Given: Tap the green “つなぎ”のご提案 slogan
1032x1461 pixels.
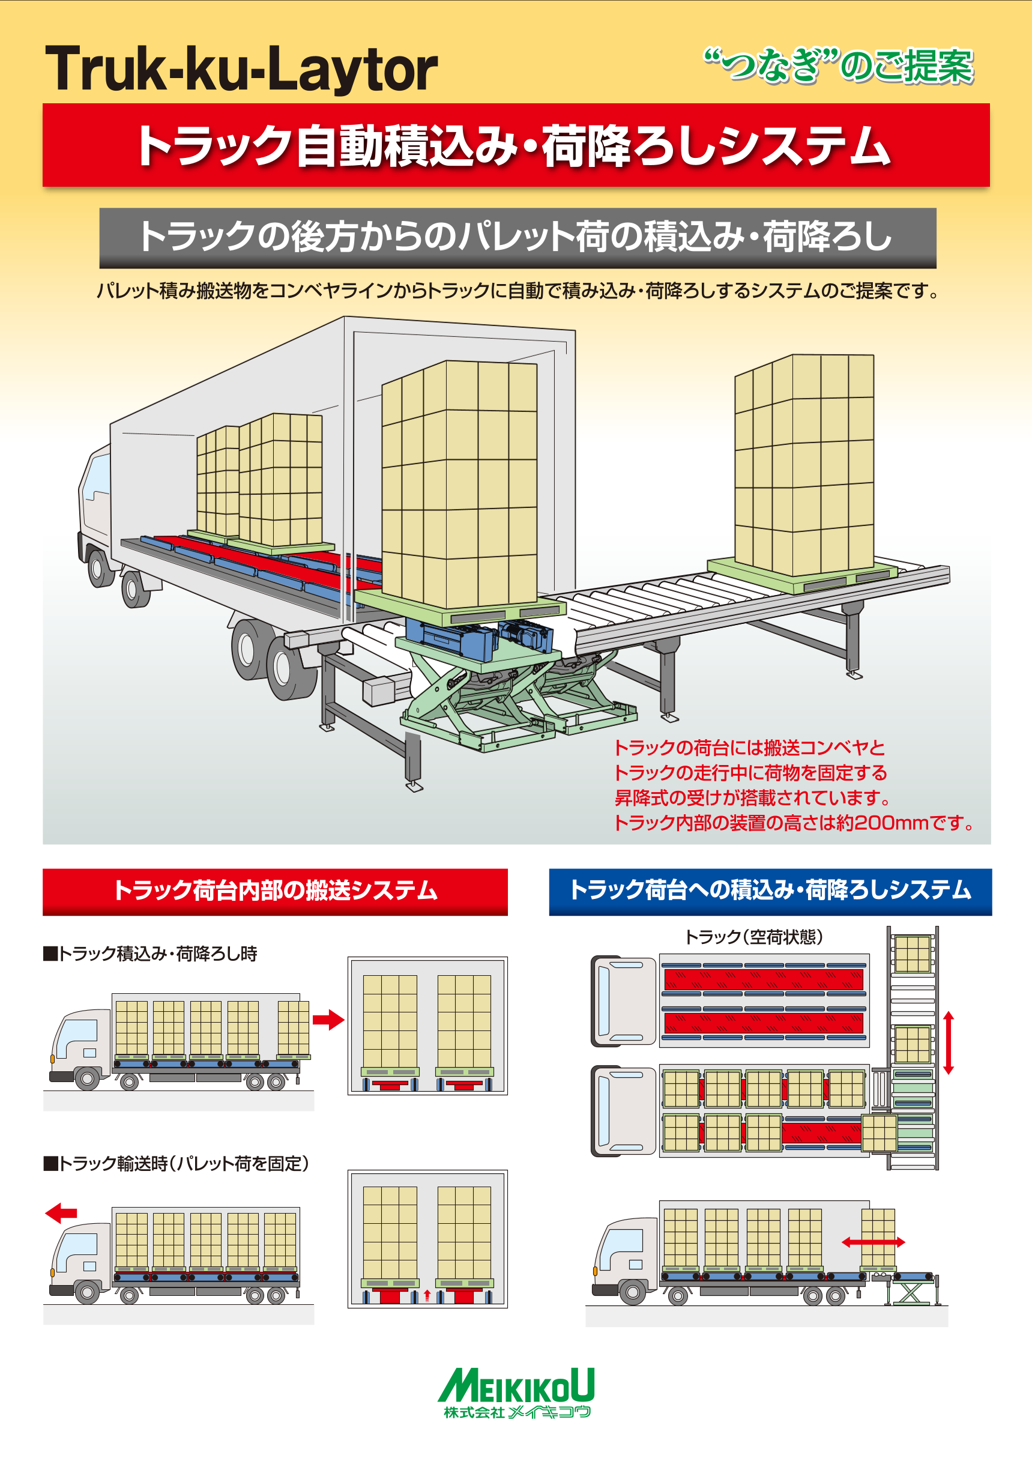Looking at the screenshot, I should pyautogui.click(x=838, y=65).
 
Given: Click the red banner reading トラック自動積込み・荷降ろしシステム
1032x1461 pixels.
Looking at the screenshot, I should pyautogui.click(x=515, y=146).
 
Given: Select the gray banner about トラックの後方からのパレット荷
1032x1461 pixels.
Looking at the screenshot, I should pyautogui.click(x=518, y=237).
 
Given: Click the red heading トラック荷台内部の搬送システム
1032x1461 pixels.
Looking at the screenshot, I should pyautogui.click(x=275, y=891).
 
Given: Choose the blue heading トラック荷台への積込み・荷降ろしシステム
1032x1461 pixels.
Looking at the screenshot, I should pyautogui.click(x=770, y=891).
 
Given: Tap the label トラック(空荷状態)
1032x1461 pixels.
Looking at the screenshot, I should pyautogui.click(x=753, y=937).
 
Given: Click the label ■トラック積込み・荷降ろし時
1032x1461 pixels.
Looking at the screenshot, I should pyautogui.click(x=151, y=954).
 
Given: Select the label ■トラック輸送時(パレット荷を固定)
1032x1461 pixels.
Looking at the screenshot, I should pyautogui.click(x=177, y=1164).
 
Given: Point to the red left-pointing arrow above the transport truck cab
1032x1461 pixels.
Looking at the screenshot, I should pyautogui.click(x=61, y=1213).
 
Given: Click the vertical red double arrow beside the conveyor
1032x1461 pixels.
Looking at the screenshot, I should pyautogui.click(x=948, y=1043).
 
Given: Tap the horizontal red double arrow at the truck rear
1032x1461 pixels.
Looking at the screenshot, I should pyautogui.click(x=873, y=1241).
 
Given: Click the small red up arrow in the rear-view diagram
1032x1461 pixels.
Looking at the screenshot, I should pyautogui.click(x=427, y=1294).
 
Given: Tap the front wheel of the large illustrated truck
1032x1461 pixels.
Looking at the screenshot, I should pyautogui.click(x=100, y=568).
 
